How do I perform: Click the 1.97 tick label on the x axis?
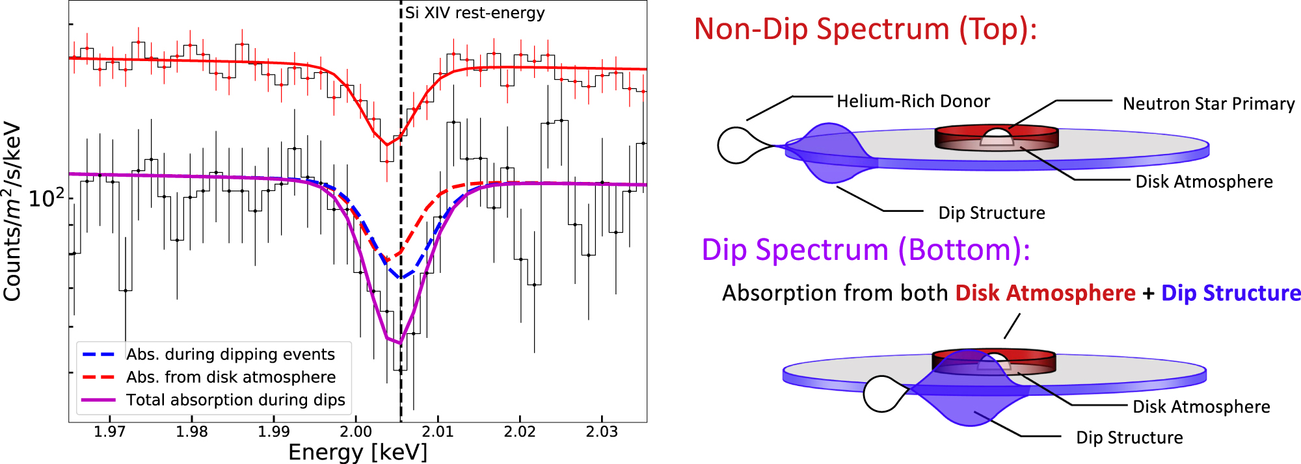[x=109, y=432]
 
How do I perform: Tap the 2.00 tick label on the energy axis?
[x=356, y=432]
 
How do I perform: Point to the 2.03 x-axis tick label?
[x=602, y=432]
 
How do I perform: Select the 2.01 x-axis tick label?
[x=438, y=432]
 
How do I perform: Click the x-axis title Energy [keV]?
[x=358, y=452]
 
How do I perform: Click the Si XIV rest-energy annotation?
[x=475, y=13]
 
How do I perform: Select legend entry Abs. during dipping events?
[x=230, y=354]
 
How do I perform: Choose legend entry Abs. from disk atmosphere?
[x=231, y=377]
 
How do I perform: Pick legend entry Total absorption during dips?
[x=235, y=400]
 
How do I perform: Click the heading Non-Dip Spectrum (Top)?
[x=865, y=29]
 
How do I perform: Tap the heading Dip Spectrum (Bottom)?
[x=866, y=250]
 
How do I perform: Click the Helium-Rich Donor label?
[x=913, y=101]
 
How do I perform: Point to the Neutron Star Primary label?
[x=1209, y=104]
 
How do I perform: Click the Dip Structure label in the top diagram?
[x=991, y=213]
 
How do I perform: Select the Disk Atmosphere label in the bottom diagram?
[x=1201, y=407]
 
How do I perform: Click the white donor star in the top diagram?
[x=735, y=146]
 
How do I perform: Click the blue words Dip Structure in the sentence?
[x=1231, y=293]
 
